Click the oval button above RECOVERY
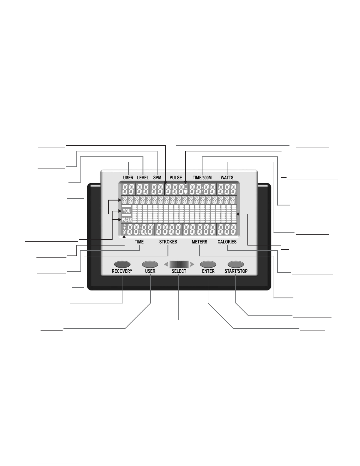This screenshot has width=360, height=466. coord(122,264)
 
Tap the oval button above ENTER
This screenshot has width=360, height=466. coord(208,264)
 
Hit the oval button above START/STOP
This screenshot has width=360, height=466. coord(236,264)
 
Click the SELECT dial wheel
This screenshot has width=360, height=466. coord(179,264)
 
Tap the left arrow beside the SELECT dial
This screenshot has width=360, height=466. coord(166,264)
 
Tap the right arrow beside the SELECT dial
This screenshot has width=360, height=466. coord(192,264)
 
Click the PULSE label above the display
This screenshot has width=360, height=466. coord(176,178)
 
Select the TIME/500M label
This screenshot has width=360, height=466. coord(202,178)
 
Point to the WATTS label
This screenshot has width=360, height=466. coord(227,178)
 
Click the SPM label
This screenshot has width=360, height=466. coord(157,178)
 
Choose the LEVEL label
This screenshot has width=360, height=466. coord(143,178)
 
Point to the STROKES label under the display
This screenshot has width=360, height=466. coord(168,242)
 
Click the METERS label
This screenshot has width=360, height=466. coord(200,242)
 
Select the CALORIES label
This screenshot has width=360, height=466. coord(227,242)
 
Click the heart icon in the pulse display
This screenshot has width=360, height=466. coord(185,192)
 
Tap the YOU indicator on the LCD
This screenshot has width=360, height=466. coord(127,211)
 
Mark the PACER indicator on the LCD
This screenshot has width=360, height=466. coord(127,220)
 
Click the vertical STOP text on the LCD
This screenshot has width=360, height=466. coord(125,229)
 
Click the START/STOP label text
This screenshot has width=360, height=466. coord(236,271)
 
